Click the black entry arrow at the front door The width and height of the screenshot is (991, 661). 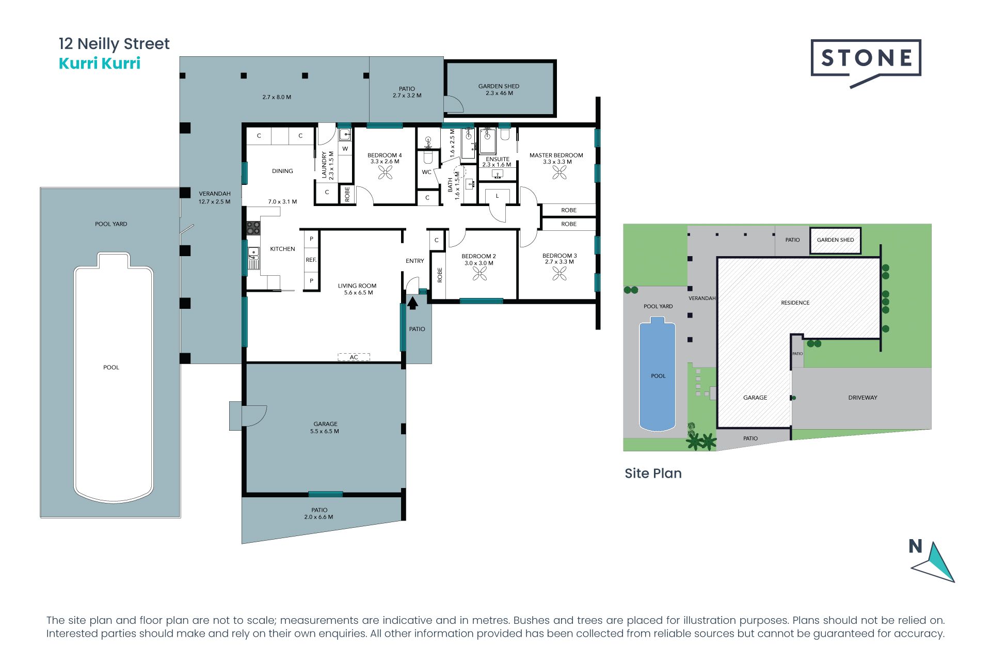click(x=412, y=303)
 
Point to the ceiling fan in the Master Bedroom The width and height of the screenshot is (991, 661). click(x=560, y=172)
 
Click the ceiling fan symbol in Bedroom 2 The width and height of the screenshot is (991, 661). click(x=479, y=274)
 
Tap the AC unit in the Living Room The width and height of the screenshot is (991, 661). click(x=354, y=357)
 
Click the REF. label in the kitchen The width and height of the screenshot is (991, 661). click(x=311, y=260)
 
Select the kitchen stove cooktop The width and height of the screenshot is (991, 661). click(x=253, y=228)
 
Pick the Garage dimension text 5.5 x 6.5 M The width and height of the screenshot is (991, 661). click(x=325, y=431)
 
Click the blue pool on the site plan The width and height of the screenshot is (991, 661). click(x=657, y=374)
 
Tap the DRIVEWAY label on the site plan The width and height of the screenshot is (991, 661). click(x=862, y=398)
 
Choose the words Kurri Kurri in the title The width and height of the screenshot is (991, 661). click(x=100, y=63)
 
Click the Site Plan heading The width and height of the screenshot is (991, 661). click(x=653, y=473)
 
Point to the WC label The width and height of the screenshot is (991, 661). click(x=426, y=172)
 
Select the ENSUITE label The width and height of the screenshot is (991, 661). click(x=498, y=159)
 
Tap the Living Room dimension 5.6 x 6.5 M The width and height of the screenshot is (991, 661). click(x=358, y=293)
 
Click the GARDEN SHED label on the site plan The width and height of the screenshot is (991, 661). click(x=835, y=240)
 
